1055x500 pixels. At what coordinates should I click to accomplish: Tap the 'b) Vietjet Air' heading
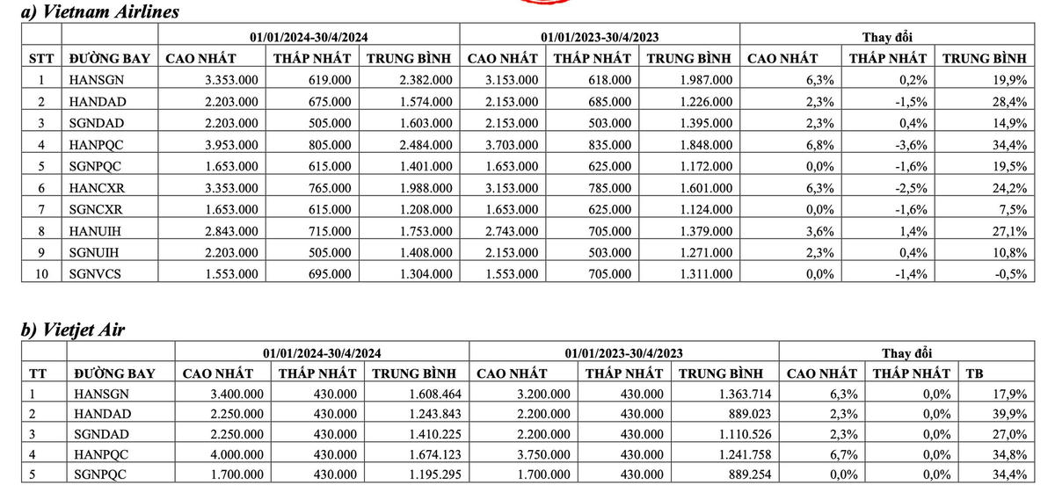pos(73,330)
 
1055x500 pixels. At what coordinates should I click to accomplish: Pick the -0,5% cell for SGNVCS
pos(1010,273)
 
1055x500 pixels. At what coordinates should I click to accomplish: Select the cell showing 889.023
pos(727,414)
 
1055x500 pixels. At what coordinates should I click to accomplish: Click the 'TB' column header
pos(975,373)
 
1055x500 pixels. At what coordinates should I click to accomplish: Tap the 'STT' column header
pos(40,59)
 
